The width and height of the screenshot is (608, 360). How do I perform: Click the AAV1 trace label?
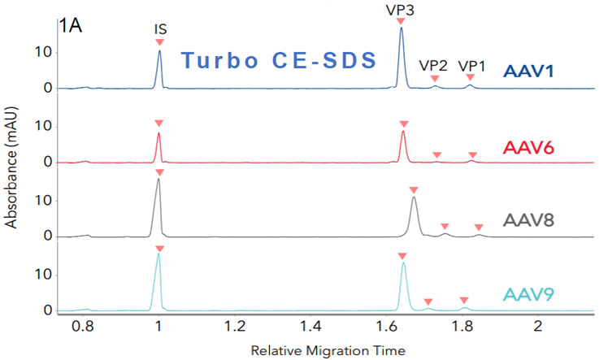tap(529, 72)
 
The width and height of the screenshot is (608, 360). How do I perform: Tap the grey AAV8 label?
tap(529, 221)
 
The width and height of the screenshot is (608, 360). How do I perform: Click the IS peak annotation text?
tap(160, 29)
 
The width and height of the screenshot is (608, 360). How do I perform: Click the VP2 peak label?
tap(433, 66)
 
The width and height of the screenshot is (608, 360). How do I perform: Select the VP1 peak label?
tap(472, 66)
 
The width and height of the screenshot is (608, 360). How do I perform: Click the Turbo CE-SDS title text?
tap(277, 60)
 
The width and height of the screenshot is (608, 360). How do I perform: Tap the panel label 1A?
tap(71, 25)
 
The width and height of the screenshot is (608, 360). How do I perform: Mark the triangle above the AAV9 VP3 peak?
tap(402, 257)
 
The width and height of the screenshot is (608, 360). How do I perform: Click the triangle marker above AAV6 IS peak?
tap(159, 123)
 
